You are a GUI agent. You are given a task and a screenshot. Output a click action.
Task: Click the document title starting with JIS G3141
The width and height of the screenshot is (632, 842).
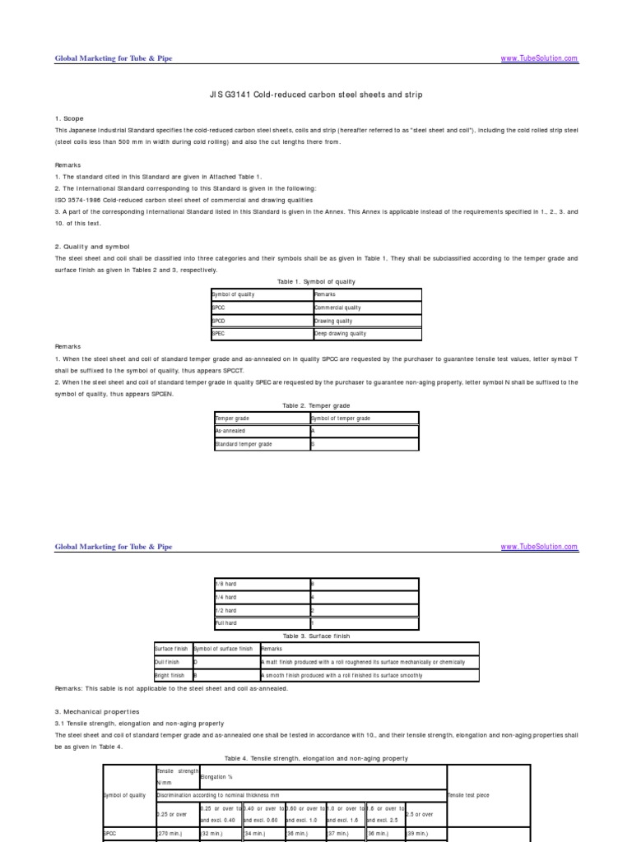coord(317,95)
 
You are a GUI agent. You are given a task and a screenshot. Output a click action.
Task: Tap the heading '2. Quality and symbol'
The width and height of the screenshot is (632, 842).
coord(92,247)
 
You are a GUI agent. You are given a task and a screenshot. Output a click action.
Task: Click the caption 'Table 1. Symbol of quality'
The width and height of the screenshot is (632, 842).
coord(317,281)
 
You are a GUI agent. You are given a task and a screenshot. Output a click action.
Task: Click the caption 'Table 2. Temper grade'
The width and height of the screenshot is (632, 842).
coord(317,405)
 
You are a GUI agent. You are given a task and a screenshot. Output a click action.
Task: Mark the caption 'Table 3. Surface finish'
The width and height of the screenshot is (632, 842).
coord(317,636)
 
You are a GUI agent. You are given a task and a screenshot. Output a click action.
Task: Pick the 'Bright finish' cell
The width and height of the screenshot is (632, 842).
coord(170,675)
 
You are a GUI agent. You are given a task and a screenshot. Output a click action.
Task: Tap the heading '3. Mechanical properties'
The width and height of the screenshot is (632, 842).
coord(97,711)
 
